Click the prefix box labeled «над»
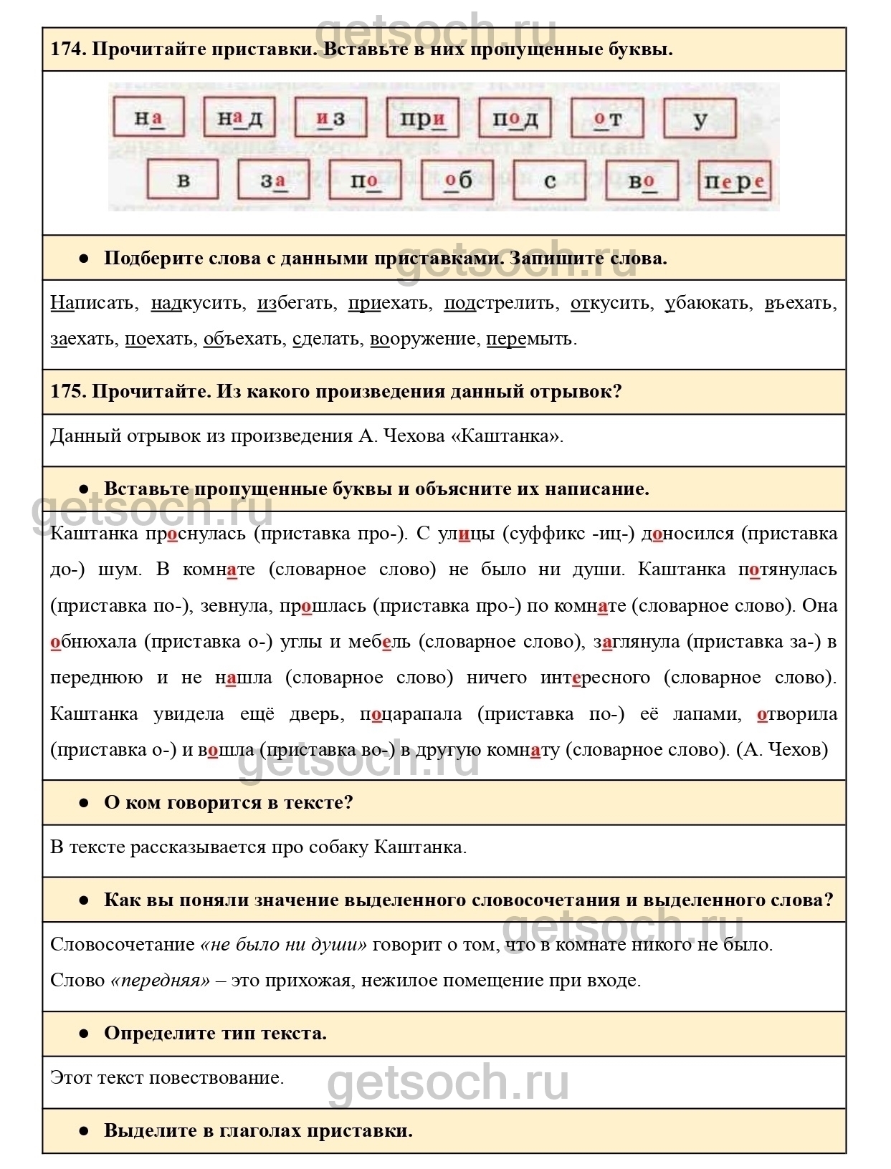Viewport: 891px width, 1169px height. tap(239, 117)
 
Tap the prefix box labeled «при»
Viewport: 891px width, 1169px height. tap(422, 117)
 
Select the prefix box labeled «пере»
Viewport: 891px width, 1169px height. tap(734, 181)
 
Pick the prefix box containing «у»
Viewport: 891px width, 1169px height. tap(700, 118)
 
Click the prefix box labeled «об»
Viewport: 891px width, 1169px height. tap(457, 180)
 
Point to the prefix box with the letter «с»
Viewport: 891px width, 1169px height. tap(550, 180)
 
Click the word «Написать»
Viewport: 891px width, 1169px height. tap(92, 303)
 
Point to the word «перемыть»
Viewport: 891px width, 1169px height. tap(531, 339)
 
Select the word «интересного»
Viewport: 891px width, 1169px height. tap(595, 678)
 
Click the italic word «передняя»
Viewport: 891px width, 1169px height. tap(161, 981)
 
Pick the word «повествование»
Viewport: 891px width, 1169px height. tap(216, 1078)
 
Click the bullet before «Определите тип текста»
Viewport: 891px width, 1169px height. tap(84, 1034)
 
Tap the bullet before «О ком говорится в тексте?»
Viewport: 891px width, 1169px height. tap(84, 803)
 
